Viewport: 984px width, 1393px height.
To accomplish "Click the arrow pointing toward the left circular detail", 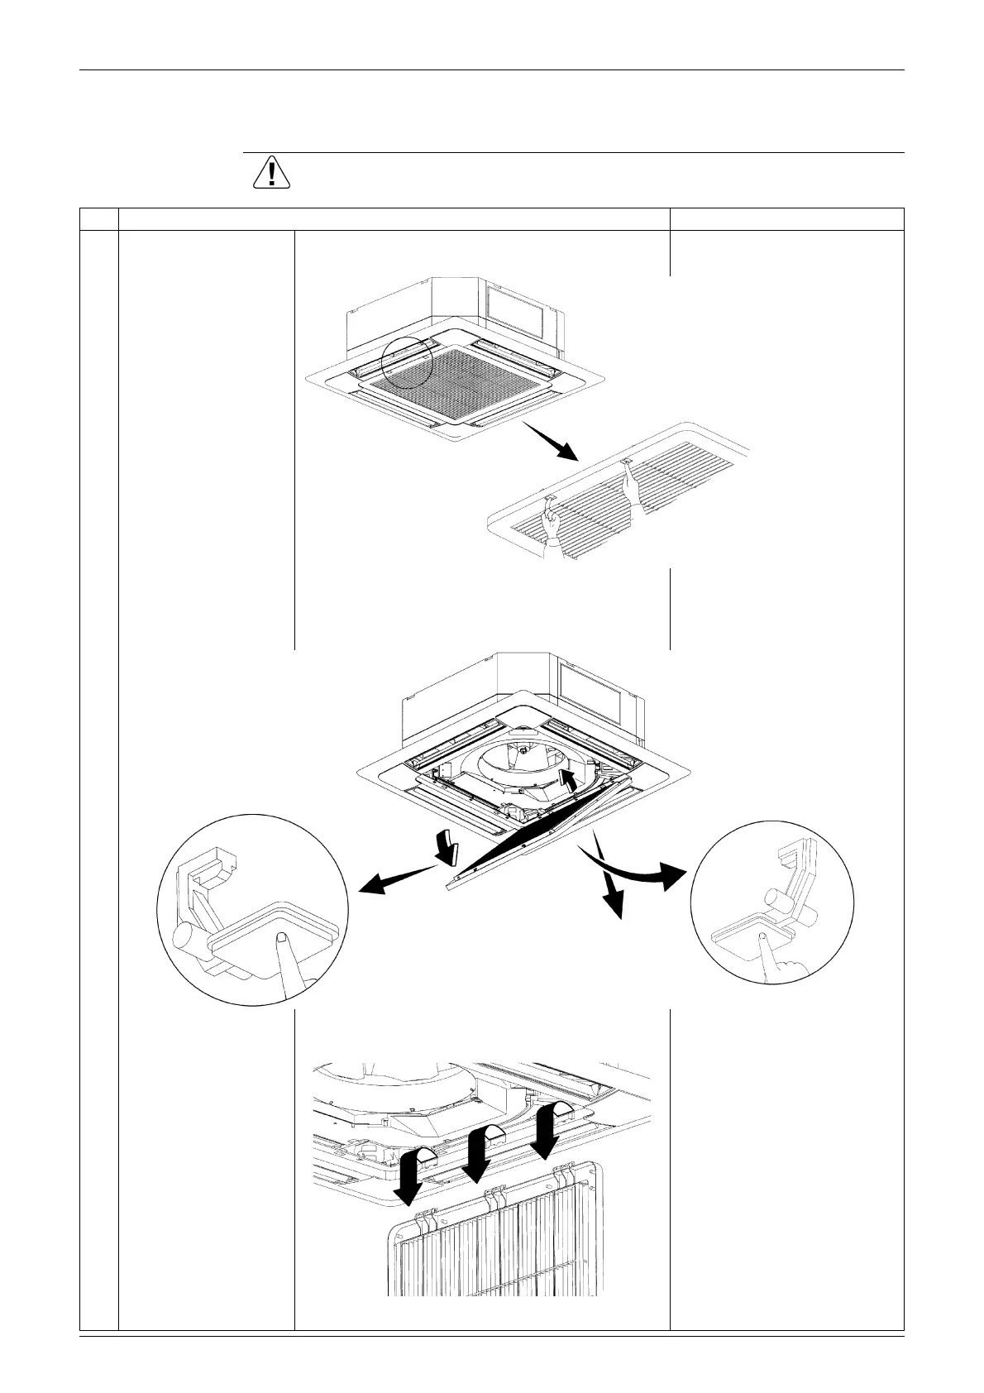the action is coord(397,879).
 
